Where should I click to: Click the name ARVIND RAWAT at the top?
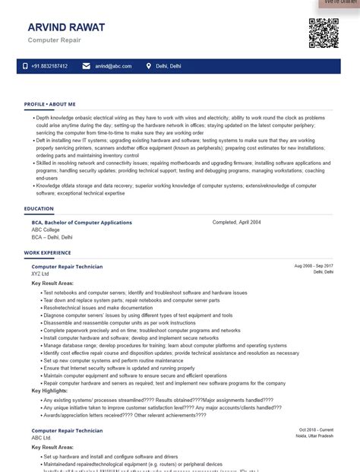(66, 27)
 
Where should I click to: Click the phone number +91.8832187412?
(49, 66)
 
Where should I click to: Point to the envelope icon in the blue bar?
(86, 66)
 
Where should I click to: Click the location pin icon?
(149, 66)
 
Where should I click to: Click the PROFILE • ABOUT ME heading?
(49, 103)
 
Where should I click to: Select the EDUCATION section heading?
(39, 208)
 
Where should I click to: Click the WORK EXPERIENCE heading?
(47, 252)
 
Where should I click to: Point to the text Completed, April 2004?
(236, 222)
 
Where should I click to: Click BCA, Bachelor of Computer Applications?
(81, 223)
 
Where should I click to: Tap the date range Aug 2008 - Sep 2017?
(313, 266)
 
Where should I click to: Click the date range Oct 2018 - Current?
(316, 430)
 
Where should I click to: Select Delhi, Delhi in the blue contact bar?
(169, 66)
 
